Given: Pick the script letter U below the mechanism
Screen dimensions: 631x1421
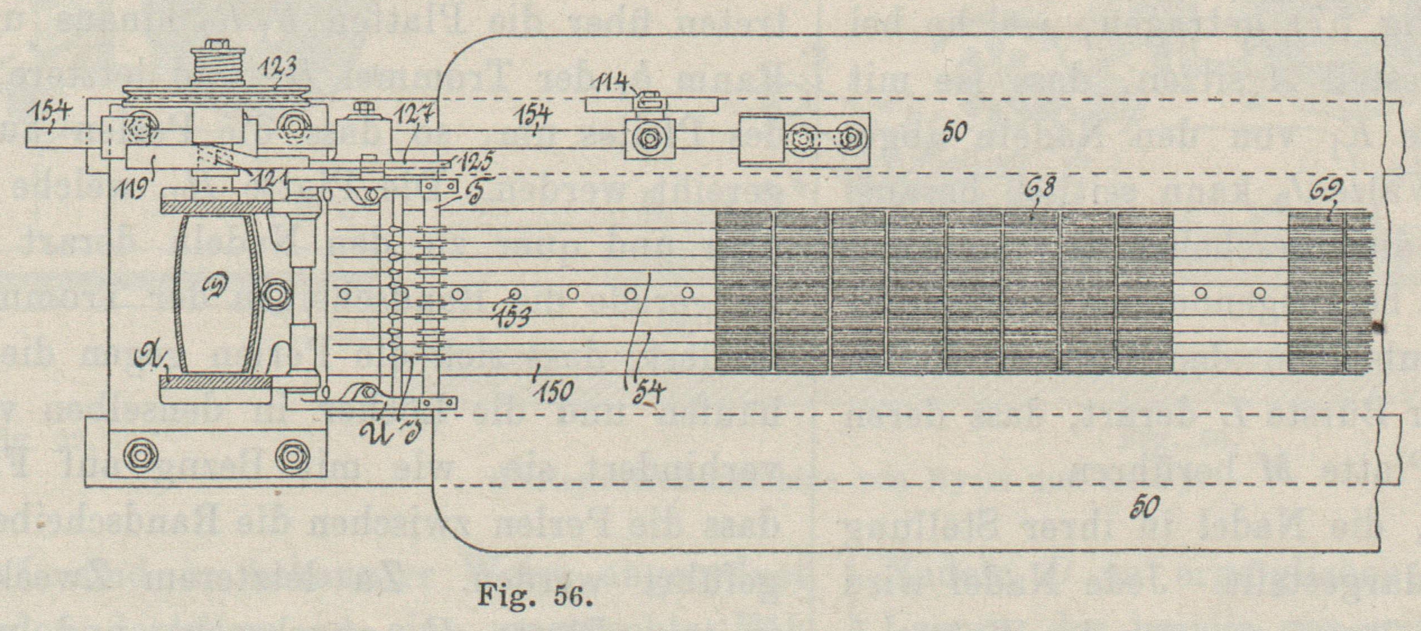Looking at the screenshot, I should tap(371, 432).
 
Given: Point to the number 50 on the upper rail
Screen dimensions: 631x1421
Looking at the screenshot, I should tap(952, 132).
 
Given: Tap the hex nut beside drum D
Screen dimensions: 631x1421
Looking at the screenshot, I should tap(275, 293).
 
